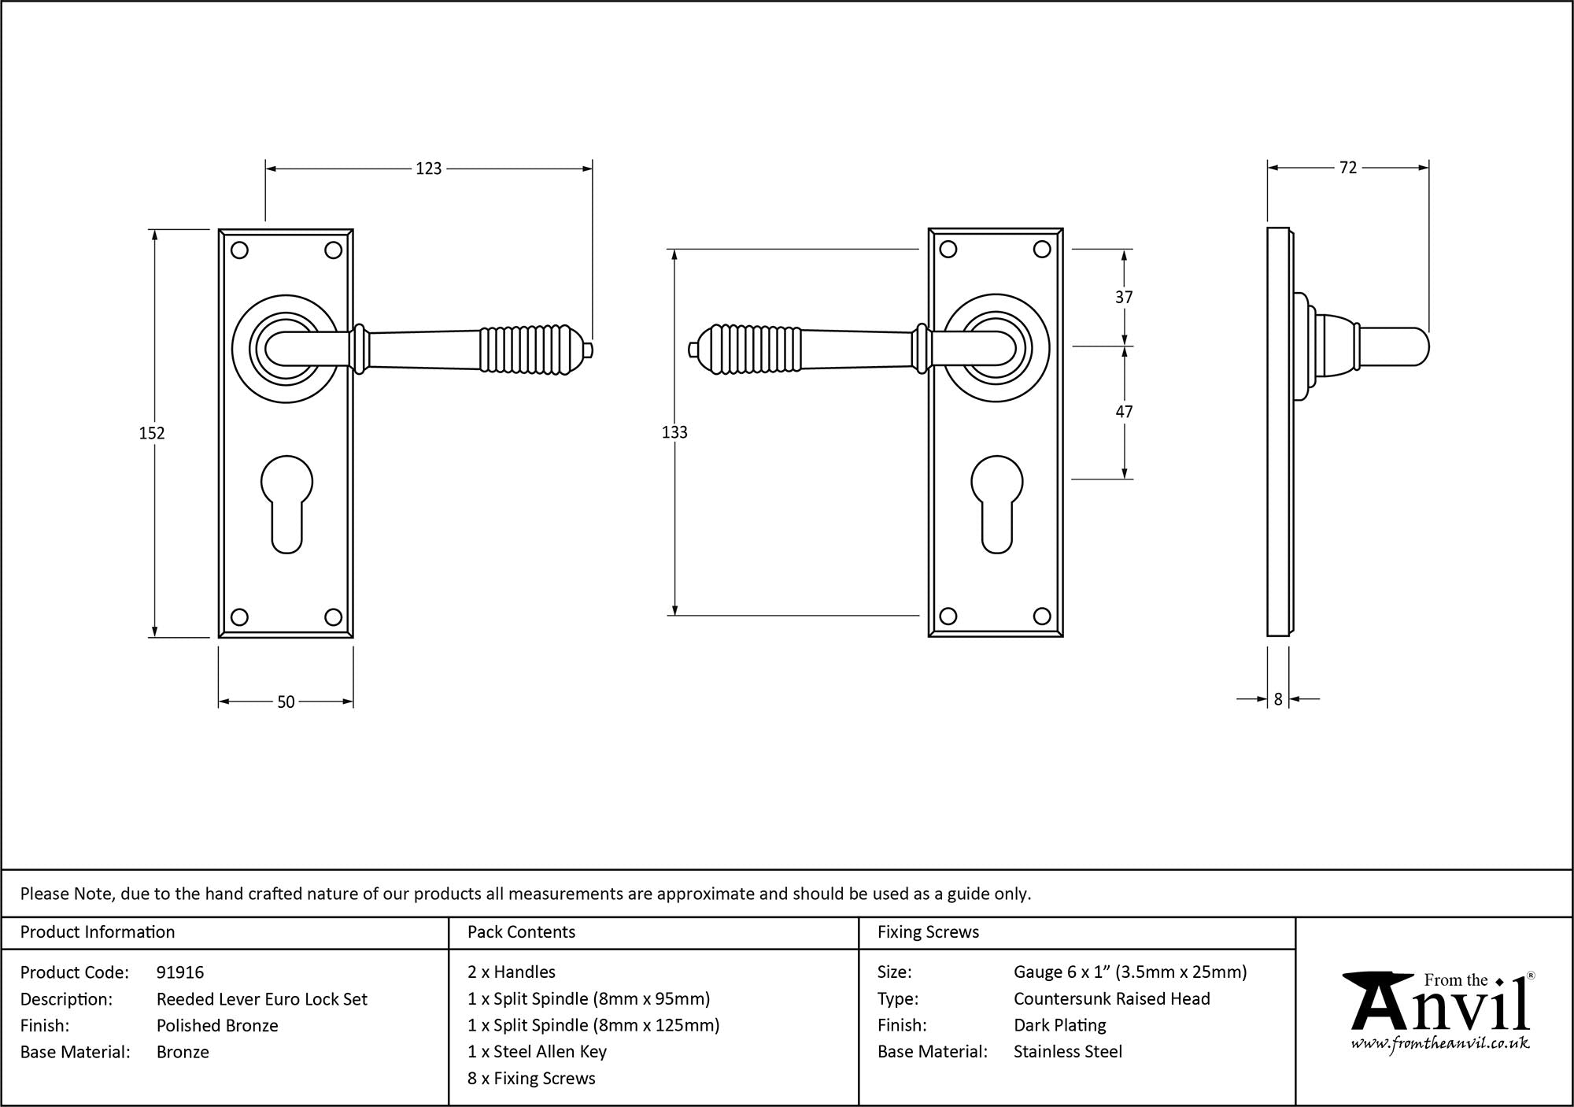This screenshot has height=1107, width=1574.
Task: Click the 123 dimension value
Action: (429, 168)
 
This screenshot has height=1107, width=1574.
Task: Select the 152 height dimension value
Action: (152, 433)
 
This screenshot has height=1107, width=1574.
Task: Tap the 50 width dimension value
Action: (286, 702)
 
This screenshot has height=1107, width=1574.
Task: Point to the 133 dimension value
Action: (674, 432)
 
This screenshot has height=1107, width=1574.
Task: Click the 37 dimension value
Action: (1124, 297)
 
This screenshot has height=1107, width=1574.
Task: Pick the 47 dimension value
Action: (1124, 412)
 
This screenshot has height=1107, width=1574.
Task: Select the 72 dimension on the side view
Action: (1347, 168)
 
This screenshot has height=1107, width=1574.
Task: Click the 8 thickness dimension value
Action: (1278, 698)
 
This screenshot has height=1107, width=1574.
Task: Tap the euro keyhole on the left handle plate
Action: (286, 504)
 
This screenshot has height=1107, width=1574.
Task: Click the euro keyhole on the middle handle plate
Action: (996, 504)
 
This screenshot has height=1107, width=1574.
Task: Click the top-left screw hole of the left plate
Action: (240, 250)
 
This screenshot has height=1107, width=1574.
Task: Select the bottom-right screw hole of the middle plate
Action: (1042, 616)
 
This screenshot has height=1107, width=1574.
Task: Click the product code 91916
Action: (180, 972)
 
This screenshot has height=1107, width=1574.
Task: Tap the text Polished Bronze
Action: (217, 1025)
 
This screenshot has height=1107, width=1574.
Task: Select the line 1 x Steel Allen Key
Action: (537, 1052)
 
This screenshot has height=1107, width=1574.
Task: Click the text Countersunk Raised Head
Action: (1111, 999)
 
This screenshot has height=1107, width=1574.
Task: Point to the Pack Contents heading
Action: (521, 932)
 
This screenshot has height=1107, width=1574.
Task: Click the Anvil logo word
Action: (1440, 1008)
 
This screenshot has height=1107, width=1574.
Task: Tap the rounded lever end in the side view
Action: (1417, 347)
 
